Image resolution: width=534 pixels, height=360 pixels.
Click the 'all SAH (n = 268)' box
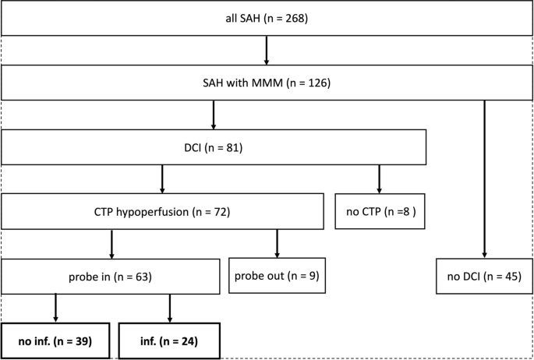coord(267,19)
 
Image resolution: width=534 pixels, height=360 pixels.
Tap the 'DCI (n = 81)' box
coord(214,146)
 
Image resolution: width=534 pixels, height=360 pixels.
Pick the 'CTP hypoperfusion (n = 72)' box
coord(162,211)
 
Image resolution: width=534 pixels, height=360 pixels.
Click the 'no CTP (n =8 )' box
coord(379,211)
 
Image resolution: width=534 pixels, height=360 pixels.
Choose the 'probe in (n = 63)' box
coord(111,276)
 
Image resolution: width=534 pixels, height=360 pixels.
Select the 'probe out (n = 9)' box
coord(276,276)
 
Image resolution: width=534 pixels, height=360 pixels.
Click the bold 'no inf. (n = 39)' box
coord(56,340)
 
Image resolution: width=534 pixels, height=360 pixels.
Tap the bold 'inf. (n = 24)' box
coord(168,340)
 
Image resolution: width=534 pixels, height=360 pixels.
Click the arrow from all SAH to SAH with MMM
coord(267,51)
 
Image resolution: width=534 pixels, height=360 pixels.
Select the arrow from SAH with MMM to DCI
coord(214,115)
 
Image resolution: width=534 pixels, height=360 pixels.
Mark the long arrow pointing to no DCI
coord(485,179)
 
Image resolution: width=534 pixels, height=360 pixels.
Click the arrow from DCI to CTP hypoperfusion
coord(162,178)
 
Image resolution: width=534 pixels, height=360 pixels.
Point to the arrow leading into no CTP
coord(379,178)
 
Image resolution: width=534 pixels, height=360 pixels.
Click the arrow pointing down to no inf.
coord(56,308)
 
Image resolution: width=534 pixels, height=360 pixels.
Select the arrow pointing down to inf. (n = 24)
coord(168,308)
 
